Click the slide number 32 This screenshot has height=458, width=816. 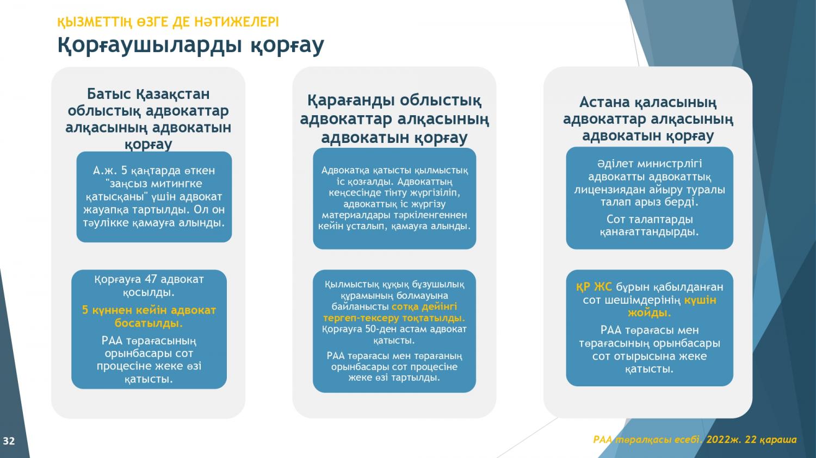point(9,441)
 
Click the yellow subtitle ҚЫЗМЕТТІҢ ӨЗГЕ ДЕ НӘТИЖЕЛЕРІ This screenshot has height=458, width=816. point(168,22)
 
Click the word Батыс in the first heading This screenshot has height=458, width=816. point(109,94)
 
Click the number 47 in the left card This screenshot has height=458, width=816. point(151,279)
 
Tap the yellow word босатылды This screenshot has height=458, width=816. point(149,323)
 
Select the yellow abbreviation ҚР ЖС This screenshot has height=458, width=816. point(594,287)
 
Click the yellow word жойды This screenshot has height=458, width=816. point(649,313)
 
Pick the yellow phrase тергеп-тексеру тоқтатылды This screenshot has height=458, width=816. point(394,318)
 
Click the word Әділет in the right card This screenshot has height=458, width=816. point(615,164)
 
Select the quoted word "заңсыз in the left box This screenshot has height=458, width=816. point(126,183)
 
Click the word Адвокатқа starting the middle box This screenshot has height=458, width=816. point(345,170)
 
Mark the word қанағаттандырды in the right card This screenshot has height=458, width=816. point(649,232)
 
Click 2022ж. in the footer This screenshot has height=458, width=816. point(724,440)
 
